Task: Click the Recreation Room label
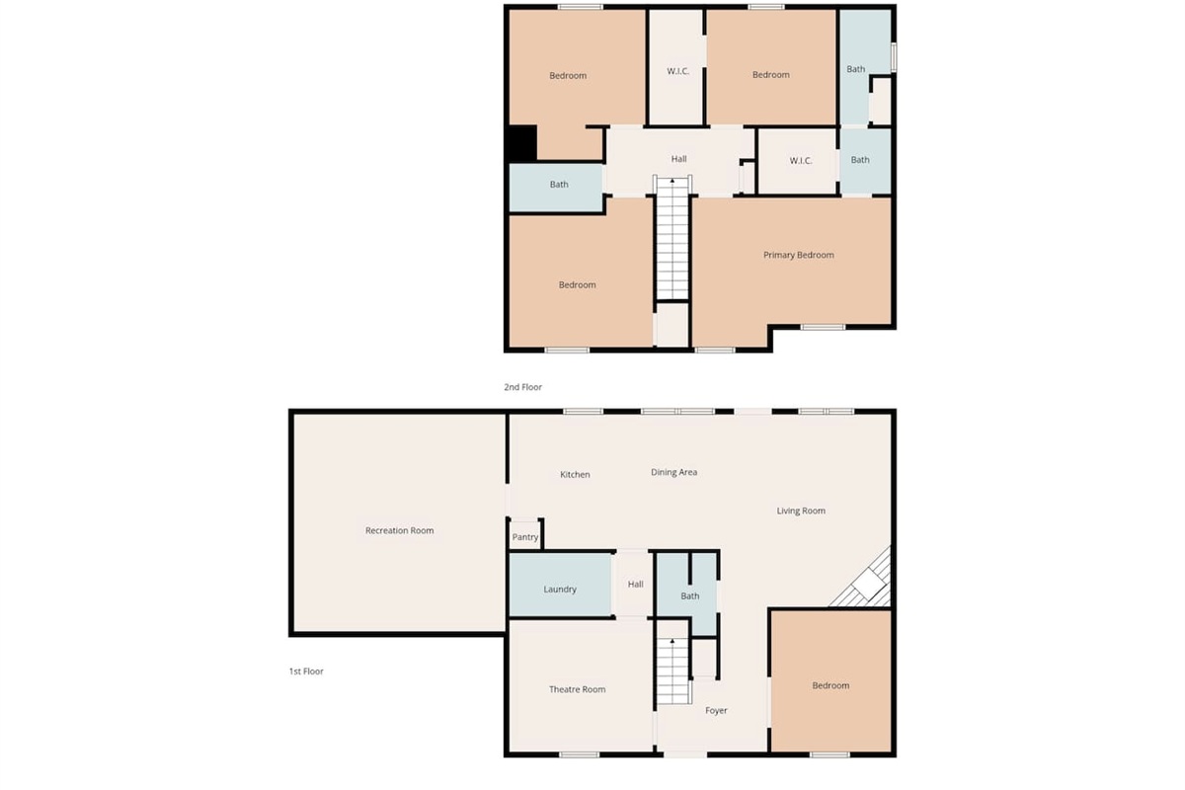pos(399,531)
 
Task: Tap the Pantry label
pos(525,538)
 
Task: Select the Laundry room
pos(559,590)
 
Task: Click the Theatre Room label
pos(577,689)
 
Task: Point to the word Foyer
pos(716,711)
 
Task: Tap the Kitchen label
pos(575,475)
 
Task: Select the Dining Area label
pos(673,472)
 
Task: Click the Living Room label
pos(800,511)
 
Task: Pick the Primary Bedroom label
pos(798,255)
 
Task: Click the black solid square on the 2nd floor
pos(520,143)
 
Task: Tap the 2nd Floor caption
pos(522,387)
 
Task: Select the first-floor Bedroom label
pos(830,685)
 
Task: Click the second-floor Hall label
pos(678,159)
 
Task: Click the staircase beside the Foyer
pos(671,671)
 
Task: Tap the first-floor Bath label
pos(689,595)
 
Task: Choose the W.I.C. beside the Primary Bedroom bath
pos(800,160)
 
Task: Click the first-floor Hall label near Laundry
pos(635,585)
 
